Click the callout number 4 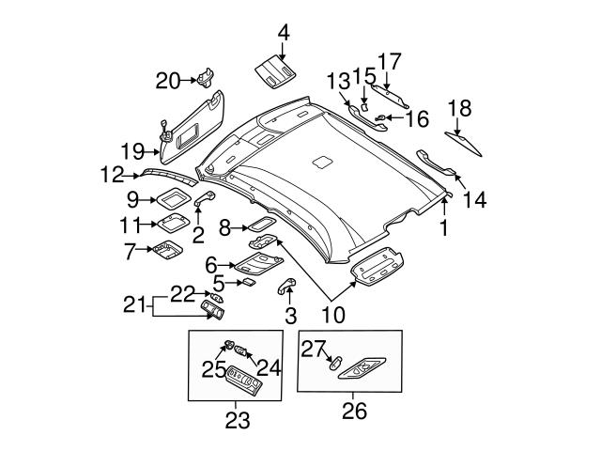[x=283, y=34]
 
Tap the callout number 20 [x=168, y=81]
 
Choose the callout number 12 [x=112, y=173]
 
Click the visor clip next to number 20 [x=207, y=77]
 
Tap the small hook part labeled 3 [x=286, y=287]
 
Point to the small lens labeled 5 [x=249, y=280]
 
